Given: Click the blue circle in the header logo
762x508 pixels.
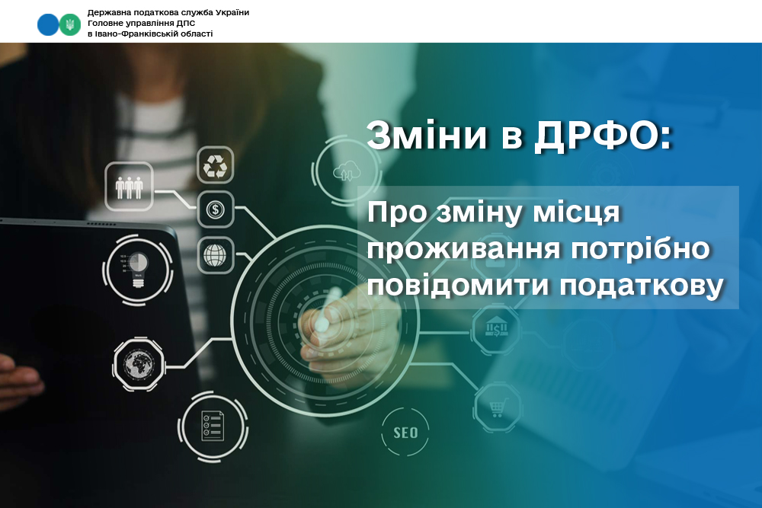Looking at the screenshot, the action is [x=47, y=24].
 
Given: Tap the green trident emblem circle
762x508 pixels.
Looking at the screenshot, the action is [x=70, y=24].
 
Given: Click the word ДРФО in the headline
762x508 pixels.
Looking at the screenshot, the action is [x=597, y=136].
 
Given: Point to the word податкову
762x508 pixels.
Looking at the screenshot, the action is [x=642, y=286].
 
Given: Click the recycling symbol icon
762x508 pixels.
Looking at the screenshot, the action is [x=216, y=165].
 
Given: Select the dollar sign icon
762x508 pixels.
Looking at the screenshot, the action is [x=216, y=209].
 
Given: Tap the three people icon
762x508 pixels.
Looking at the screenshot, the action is [x=129, y=187].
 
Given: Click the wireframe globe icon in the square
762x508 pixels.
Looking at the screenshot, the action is [x=216, y=255].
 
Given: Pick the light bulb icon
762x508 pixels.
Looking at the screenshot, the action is [x=137, y=270].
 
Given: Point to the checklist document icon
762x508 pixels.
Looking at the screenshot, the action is [x=213, y=427].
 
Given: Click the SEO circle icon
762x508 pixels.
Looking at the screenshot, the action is [x=405, y=433].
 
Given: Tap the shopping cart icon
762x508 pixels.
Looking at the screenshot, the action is [x=497, y=407].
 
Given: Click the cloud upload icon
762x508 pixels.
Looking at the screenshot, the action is [x=347, y=171].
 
